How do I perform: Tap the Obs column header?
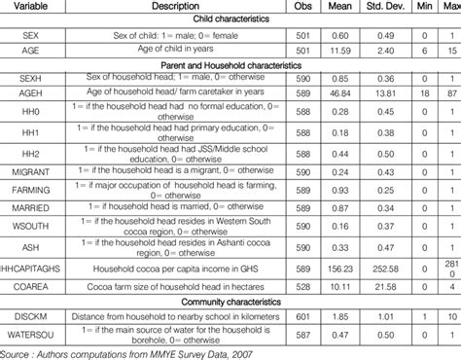(x=300, y=7)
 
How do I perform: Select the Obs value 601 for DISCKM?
(x=300, y=317)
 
